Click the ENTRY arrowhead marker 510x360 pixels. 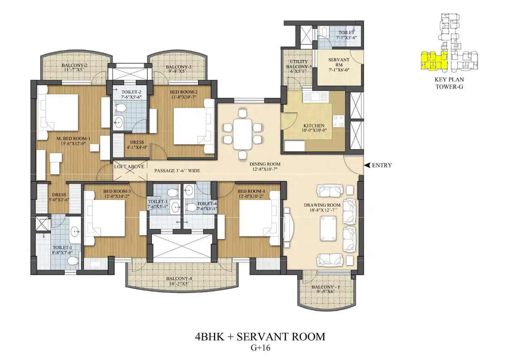click(x=367, y=165)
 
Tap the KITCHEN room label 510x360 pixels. click(x=314, y=126)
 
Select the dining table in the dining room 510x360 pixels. click(x=242, y=134)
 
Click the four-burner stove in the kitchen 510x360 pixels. click(x=338, y=121)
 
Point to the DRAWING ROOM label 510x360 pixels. click(x=322, y=205)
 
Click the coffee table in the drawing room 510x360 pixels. click(x=328, y=228)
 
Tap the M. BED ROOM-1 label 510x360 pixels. click(x=73, y=138)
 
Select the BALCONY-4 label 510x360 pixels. click(x=179, y=278)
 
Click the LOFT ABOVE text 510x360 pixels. click(x=129, y=167)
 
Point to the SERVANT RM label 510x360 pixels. click(x=339, y=62)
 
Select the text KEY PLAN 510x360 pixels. click(x=449, y=80)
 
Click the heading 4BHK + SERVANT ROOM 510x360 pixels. click(x=260, y=337)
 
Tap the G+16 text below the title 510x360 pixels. click(x=260, y=348)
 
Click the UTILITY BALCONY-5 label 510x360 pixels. click(x=299, y=64)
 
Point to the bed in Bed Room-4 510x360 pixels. click(x=260, y=218)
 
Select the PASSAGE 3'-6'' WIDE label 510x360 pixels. click(x=177, y=171)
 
